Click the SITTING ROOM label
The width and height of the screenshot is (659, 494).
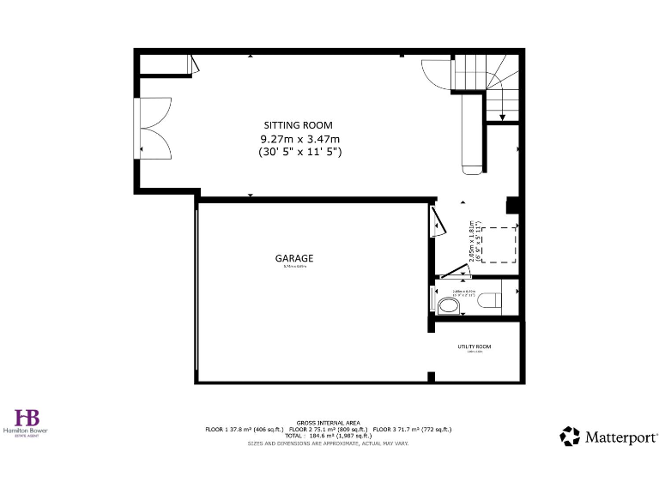(298, 125)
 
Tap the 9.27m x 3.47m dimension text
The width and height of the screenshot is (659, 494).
(299, 139)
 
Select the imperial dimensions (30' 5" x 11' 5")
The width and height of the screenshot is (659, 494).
(299, 152)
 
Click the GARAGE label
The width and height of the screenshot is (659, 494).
(293, 258)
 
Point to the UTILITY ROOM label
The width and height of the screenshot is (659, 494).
(475, 346)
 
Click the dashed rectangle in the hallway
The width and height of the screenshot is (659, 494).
(499, 244)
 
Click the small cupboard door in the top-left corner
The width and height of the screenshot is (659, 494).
(194, 63)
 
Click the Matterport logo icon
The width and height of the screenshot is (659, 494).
(570, 437)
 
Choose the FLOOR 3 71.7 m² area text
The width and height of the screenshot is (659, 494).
(412, 429)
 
